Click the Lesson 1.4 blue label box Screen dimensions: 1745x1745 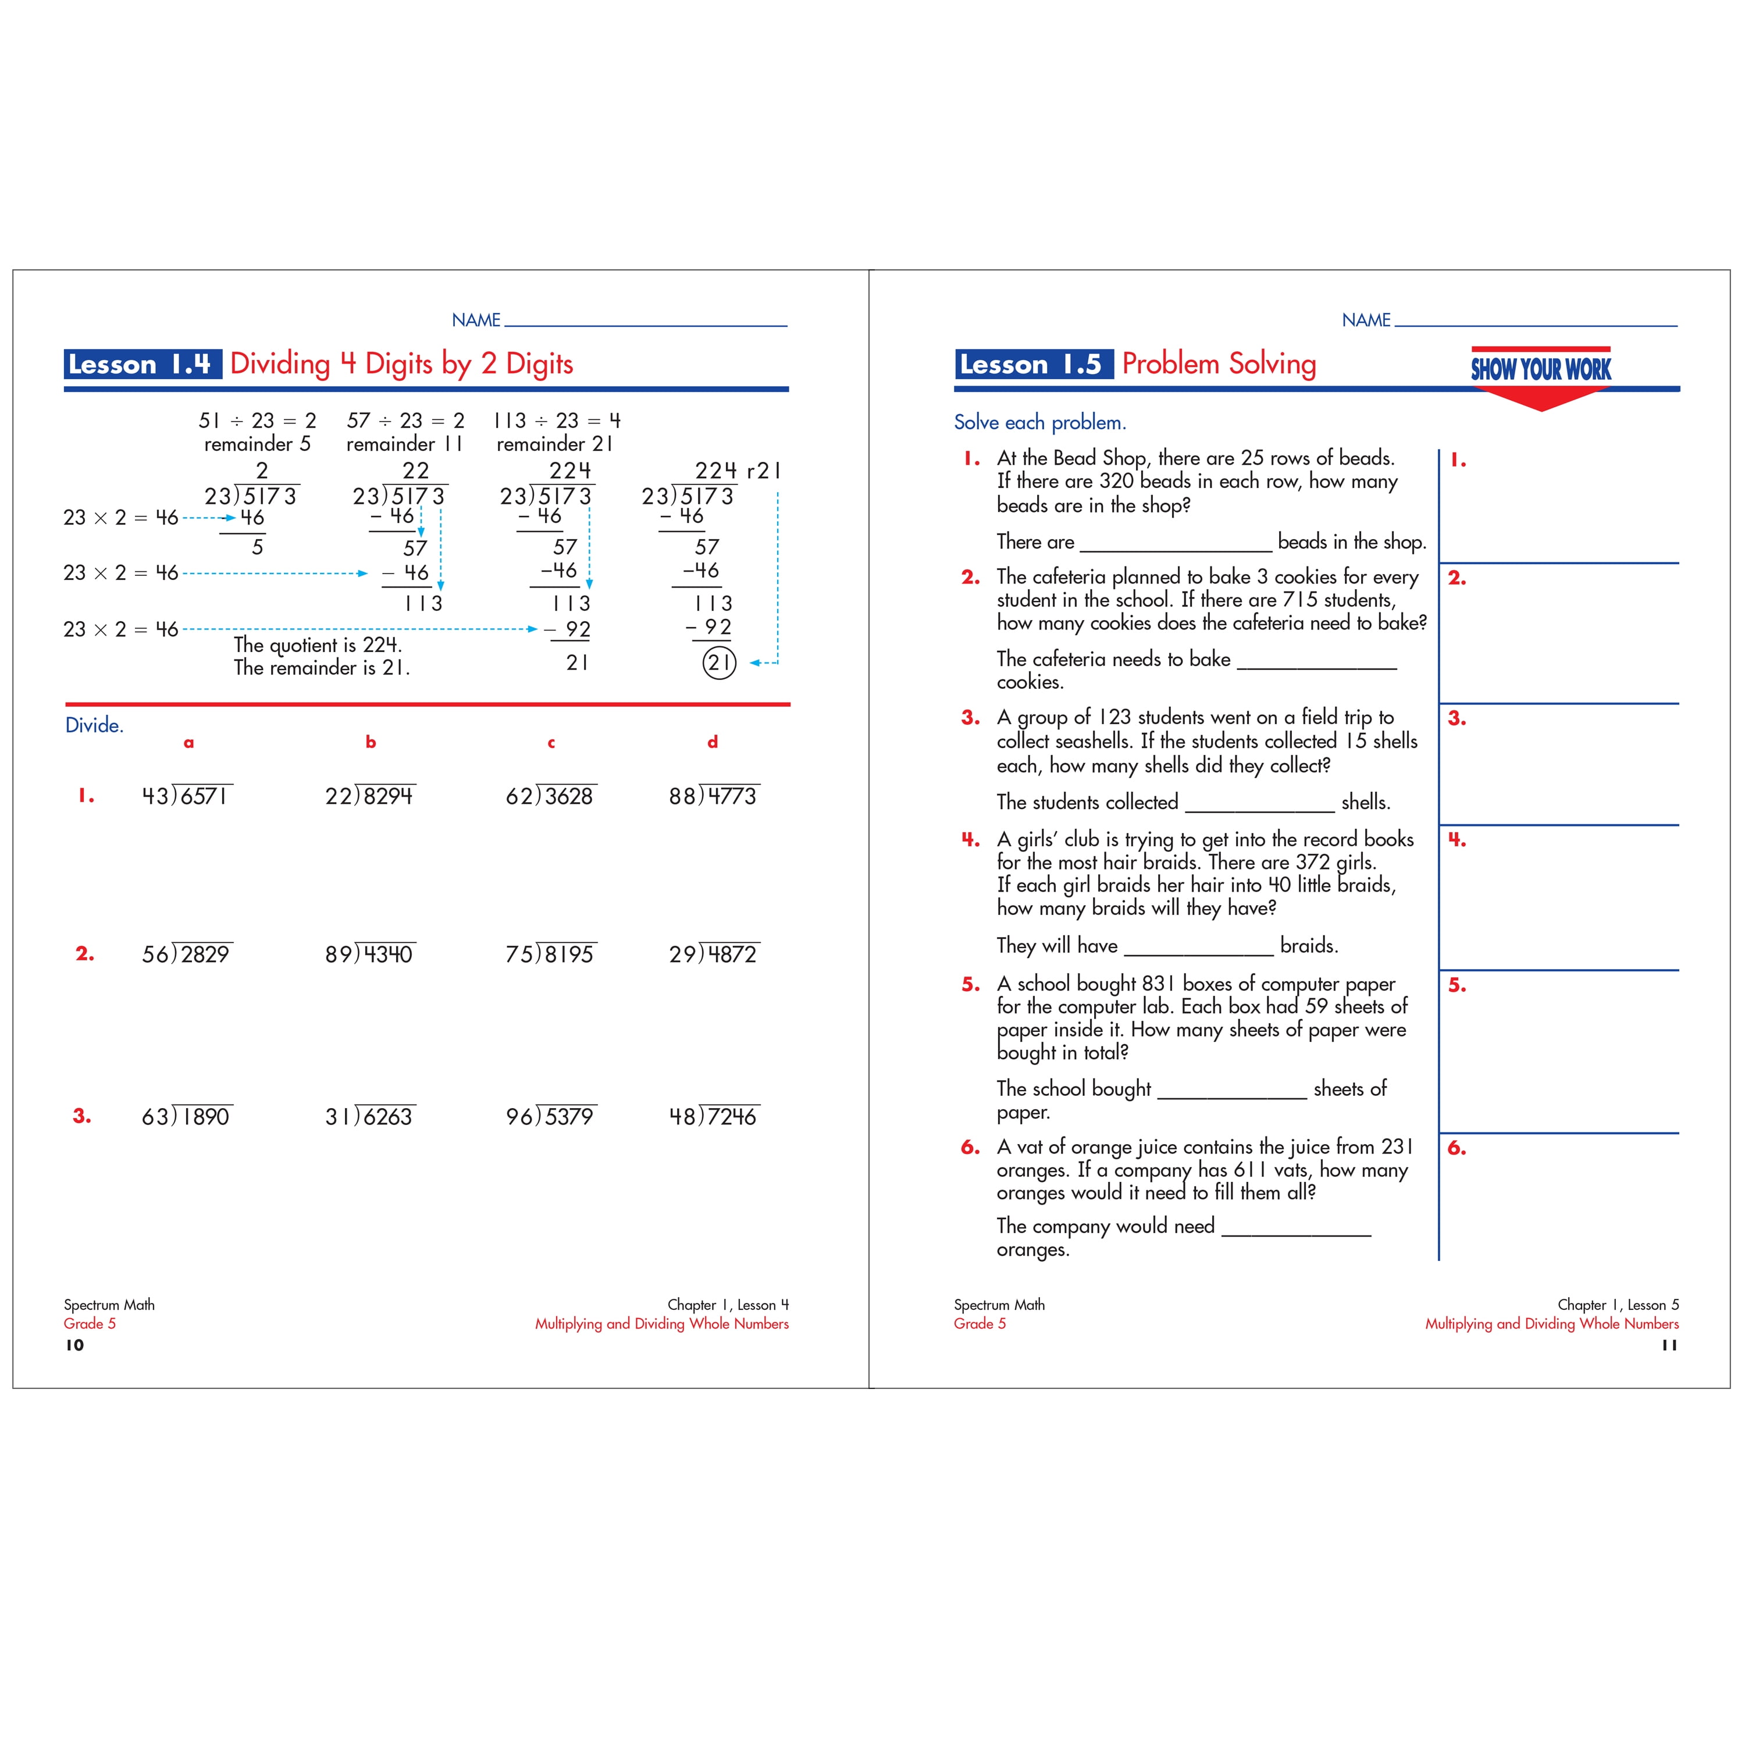tap(142, 364)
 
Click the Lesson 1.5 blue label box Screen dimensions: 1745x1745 tap(1033, 364)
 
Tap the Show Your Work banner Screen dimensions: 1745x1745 tap(1540, 369)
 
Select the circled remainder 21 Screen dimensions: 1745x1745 tap(719, 663)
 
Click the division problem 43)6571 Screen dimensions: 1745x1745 tap(187, 796)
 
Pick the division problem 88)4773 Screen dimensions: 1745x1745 tap(714, 796)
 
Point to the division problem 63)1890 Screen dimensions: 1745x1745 tap(187, 1116)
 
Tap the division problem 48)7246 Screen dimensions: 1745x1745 tap(714, 1116)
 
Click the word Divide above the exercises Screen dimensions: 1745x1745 tap(94, 725)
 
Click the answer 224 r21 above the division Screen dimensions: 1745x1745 tap(736, 471)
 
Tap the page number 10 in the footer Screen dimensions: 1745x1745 tap(75, 1345)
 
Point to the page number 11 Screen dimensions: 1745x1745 tap(1669, 1345)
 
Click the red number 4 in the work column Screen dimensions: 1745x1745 tap(1457, 840)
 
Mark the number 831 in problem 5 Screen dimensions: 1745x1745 tap(1159, 984)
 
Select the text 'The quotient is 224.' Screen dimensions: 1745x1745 tap(318, 645)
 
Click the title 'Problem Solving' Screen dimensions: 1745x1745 tap(1219, 364)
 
